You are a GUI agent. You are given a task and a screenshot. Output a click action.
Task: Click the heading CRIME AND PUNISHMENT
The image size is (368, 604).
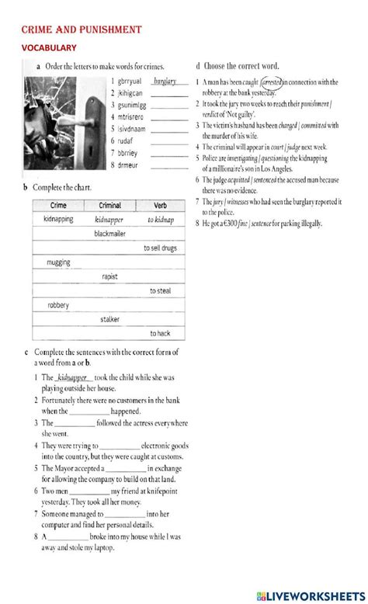coord(81,30)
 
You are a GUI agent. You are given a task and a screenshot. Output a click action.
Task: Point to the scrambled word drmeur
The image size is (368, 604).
coord(128,165)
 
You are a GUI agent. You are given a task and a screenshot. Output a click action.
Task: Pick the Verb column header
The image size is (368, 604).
coord(160,206)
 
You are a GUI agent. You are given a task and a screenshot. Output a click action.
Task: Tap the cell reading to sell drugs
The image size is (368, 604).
coord(161,248)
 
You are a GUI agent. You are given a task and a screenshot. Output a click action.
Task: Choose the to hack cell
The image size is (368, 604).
coord(161,333)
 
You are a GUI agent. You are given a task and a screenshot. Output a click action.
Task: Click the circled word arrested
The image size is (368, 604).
coord(272,82)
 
